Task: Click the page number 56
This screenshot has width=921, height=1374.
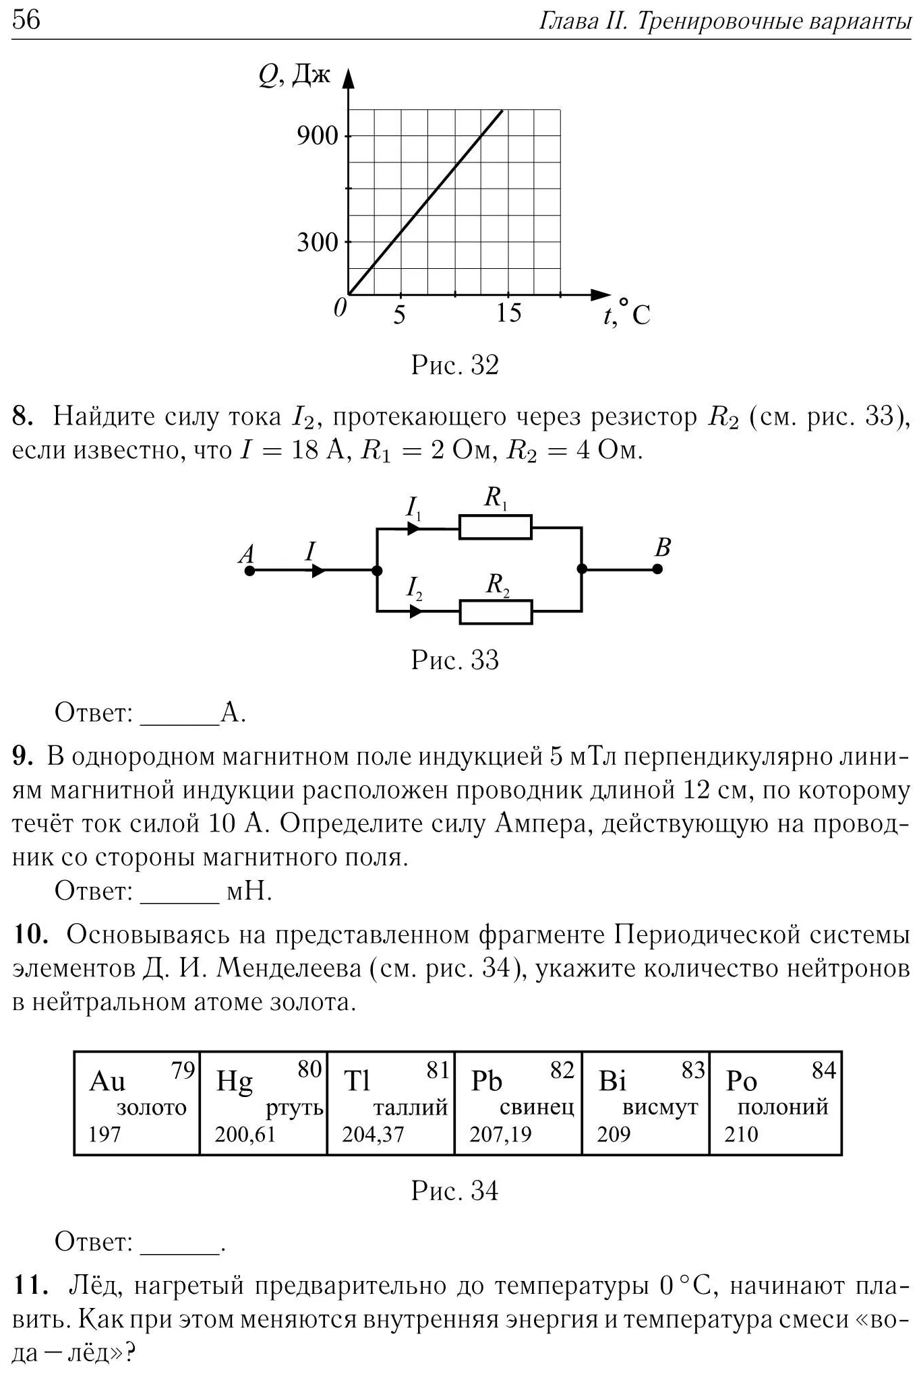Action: click(x=26, y=20)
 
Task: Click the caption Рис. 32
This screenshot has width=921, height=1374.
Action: click(x=455, y=365)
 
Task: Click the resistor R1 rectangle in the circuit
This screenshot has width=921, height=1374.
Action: click(x=496, y=527)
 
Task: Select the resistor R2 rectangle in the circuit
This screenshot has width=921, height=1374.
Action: click(x=496, y=612)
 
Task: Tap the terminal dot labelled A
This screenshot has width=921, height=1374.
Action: click(x=249, y=571)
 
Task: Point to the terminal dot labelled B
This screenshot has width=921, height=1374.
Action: click(x=657, y=569)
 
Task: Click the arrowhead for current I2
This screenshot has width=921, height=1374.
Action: click(x=415, y=611)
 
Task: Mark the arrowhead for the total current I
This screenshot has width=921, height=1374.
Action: click(x=318, y=571)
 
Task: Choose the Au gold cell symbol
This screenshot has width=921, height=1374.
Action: click(x=107, y=1082)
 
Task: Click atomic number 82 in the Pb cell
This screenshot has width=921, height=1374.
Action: click(x=561, y=1070)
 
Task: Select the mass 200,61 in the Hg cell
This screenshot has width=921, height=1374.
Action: click(x=245, y=1134)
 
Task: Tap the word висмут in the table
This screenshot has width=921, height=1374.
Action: click(x=660, y=1108)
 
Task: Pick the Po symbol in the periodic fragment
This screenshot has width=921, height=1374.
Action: click(x=741, y=1082)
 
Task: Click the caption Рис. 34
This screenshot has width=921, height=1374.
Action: click(x=455, y=1191)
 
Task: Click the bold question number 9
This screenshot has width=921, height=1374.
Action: click(x=22, y=757)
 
